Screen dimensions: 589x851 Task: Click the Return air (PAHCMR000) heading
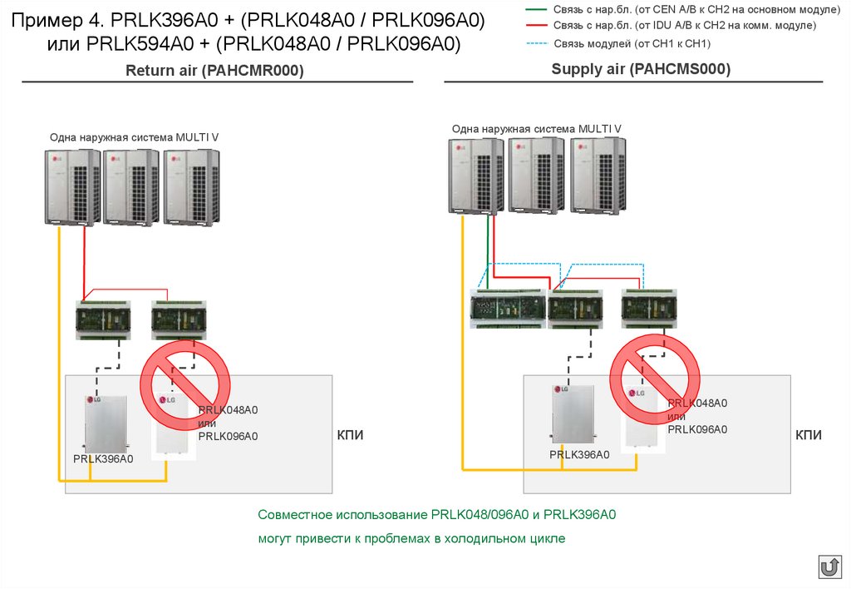click(214, 72)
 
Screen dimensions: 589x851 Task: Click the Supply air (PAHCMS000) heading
click(641, 70)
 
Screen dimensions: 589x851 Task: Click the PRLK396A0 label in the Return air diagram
click(103, 459)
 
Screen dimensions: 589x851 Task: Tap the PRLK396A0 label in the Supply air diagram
click(579, 454)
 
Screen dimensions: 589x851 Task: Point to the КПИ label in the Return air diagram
click(350, 435)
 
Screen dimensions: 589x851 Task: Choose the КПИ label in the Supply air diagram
click(809, 435)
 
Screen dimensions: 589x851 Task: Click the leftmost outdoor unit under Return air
click(72, 187)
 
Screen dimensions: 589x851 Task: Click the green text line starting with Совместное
click(436, 515)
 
